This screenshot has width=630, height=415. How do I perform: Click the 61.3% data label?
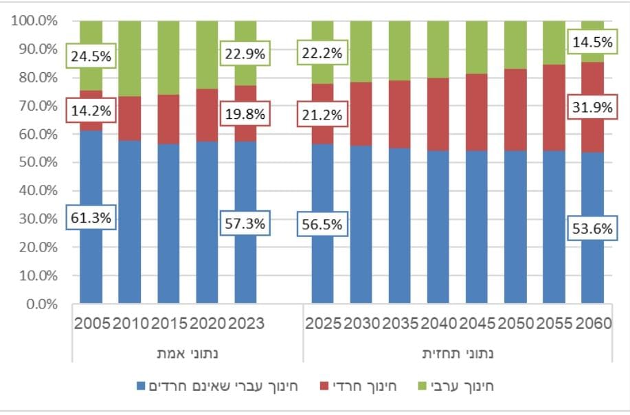pos(91,218)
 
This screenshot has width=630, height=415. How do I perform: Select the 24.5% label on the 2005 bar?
pos(91,56)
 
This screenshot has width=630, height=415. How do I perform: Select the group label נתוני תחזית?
pos(457,355)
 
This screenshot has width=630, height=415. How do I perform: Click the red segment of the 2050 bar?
pos(515,110)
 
